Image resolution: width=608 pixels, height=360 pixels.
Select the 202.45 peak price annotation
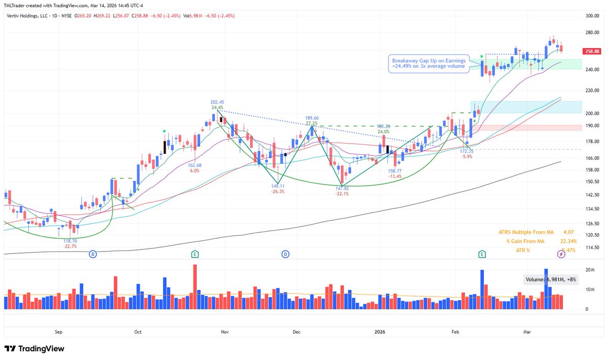coord(218,101)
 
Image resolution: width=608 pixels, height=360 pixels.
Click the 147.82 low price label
coord(343,188)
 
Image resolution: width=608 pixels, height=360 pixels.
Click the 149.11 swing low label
coord(277,186)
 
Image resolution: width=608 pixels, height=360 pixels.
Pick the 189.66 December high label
coord(312,118)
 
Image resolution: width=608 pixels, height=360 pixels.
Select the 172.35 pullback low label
coord(467,151)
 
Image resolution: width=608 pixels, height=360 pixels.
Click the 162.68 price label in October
coord(195,165)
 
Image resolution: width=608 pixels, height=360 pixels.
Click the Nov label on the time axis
coord(224,332)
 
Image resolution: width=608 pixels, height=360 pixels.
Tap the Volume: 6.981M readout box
coord(550,279)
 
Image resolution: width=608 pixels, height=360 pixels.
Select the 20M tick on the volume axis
coord(590,270)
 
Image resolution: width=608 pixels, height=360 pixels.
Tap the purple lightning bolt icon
coord(561,254)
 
